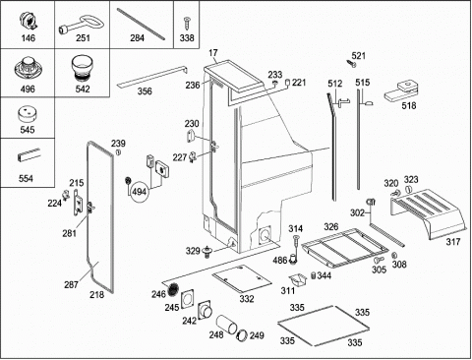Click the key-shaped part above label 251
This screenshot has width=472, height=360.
pyautogui.click(x=82, y=27)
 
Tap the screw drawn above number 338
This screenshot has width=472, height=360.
pyautogui.click(x=187, y=23)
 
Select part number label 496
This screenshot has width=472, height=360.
pyautogui.click(x=28, y=89)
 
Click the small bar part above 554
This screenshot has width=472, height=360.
pyautogui.click(x=29, y=155)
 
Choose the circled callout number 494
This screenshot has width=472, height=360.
pyautogui.click(x=139, y=192)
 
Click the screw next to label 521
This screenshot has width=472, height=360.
pyautogui.click(x=351, y=63)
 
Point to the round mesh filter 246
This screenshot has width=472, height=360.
pyautogui.click(x=173, y=288)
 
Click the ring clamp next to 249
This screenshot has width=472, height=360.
pyautogui.click(x=243, y=335)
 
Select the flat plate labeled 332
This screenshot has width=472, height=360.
pyautogui.click(x=242, y=278)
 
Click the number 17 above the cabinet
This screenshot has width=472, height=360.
pyautogui.click(x=212, y=53)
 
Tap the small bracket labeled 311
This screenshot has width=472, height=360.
pyautogui.click(x=297, y=280)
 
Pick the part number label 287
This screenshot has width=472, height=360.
pyautogui.click(x=71, y=284)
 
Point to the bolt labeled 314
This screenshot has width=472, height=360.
pyautogui.click(x=296, y=242)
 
